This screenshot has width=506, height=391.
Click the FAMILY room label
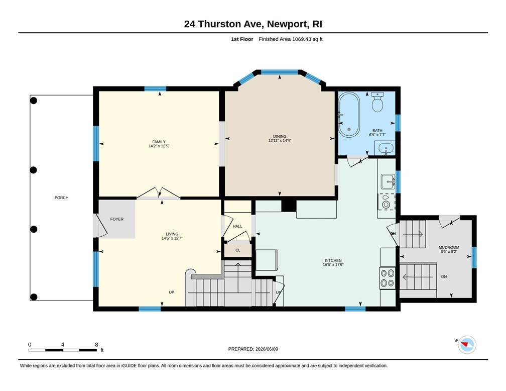159,142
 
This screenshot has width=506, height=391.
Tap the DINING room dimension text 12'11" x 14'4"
280,141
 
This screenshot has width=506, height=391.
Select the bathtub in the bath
349,115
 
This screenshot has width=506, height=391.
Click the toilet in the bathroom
377,102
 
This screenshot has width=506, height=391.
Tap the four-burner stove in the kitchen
387,278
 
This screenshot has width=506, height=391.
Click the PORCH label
61,198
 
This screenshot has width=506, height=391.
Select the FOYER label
117,219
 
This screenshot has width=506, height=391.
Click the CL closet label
238,250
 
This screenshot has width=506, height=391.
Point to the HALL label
237,226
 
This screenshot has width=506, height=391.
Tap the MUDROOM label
449,248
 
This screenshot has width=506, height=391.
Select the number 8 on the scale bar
96,344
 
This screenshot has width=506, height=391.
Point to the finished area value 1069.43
301,39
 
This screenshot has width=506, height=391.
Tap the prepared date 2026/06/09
267,349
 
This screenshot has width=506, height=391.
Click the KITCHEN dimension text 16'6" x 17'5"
333,265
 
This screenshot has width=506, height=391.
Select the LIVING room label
172,234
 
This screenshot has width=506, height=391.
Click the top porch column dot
34,101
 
